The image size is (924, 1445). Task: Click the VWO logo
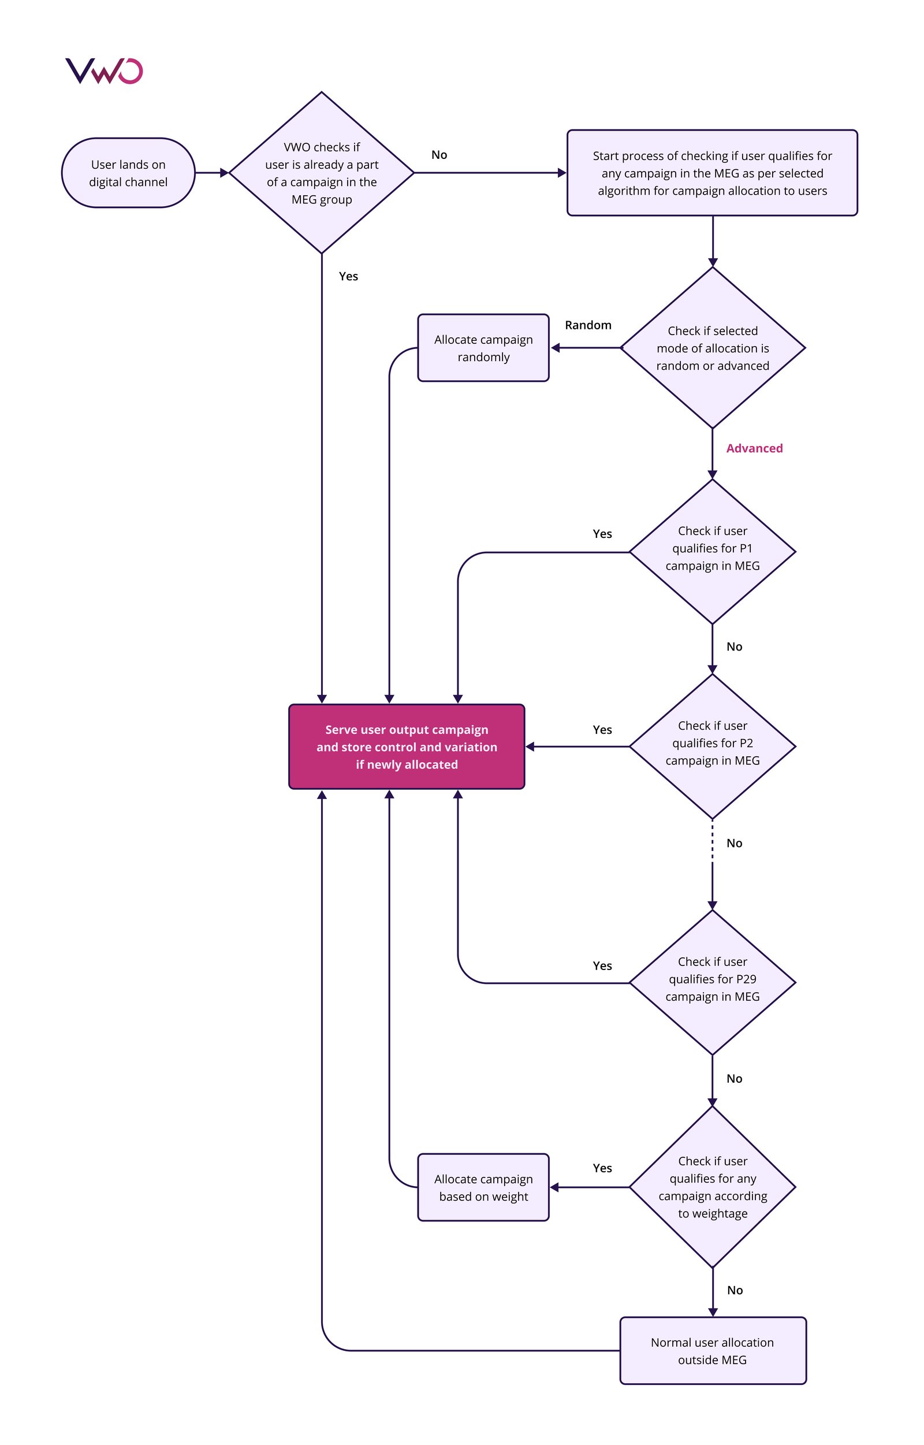pyautogui.click(x=104, y=71)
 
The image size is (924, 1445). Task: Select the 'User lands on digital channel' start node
pyautogui.click(x=128, y=173)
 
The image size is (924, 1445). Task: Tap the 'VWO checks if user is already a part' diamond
pyautogui.click(x=322, y=173)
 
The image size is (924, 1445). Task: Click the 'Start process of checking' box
pyautogui.click(x=712, y=173)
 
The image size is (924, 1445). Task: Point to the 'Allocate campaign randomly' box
pyautogui.click(x=483, y=348)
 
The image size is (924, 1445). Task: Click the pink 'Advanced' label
pyautogui.click(x=754, y=448)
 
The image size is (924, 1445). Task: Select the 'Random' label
pyautogui.click(x=588, y=325)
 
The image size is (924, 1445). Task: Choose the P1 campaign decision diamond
pyautogui.click(x=712, y=548)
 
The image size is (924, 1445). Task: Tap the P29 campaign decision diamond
pyautogui.click(x=712, y=979)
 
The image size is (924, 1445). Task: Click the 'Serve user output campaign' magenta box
pyautogui.click(x=407, y=747)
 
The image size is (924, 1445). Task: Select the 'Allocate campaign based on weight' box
pyautogui.click(x=483, y=1187)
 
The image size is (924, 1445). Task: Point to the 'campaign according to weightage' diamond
pyautogui.click(x=712, y=1187)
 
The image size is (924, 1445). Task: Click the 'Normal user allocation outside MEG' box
pyautogui.click(x=712, y=1351)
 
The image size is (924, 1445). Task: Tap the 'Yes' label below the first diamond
pyautogui.click(x=348, y=276)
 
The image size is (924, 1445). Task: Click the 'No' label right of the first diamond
pyautogui.click(x=439, y=155)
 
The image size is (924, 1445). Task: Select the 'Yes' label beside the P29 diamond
pyautogui.click(x=602, y=965)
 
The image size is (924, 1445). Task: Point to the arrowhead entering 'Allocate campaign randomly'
pyautogui.click(x=555, y=348)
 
